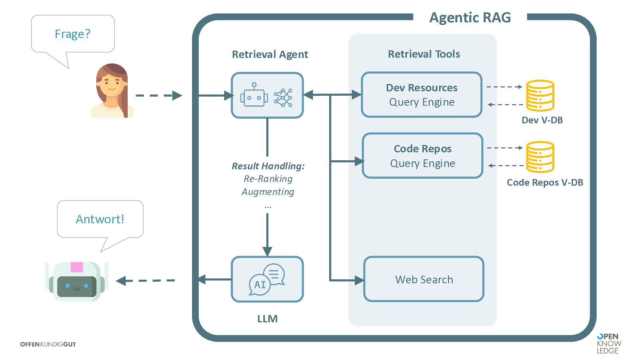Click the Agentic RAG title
pyautogui.click(x=470, y=17)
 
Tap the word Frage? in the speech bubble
pyautogui.click(x=72, y=34)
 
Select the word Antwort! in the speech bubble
pyautogui.click(x=100, y=219)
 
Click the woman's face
pyautogui.click(x=111, y=85)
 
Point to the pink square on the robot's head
pyautogui.click(x=77, y=267)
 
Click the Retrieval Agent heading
pyautogui.click(x=270, y=54)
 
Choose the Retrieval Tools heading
pyautogui.click(x=424, y=54)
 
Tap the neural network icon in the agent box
pyautogui.click(x=283, y=98)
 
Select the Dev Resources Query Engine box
pyautogui.click(x=422, y=95)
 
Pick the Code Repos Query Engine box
pyautogui.click(x=422, y=156)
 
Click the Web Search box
pyautogui.click(x=424, y=279)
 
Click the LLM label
pyautogui.click(x=267, y=319)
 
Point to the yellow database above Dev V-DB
pyautogui.click(x=540, y=96)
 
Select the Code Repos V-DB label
pyautogui.click(x=545, y=182)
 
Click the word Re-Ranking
pyautogui.click(x=268, y=179)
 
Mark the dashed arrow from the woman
pyautogui.click(x=159, y=96)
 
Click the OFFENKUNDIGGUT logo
pyautogui.click(x=48, y=344)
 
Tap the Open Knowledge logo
pyautogui.click(x=609, y=343)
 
